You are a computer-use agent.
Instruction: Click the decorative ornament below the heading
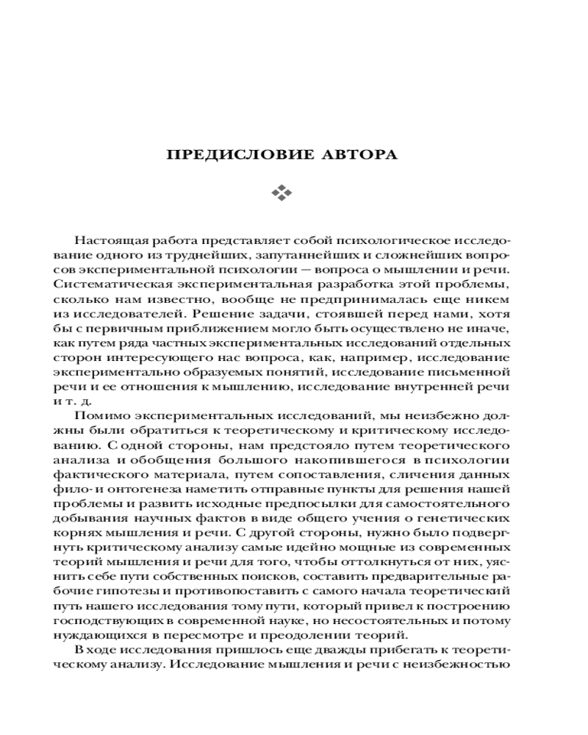282,193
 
